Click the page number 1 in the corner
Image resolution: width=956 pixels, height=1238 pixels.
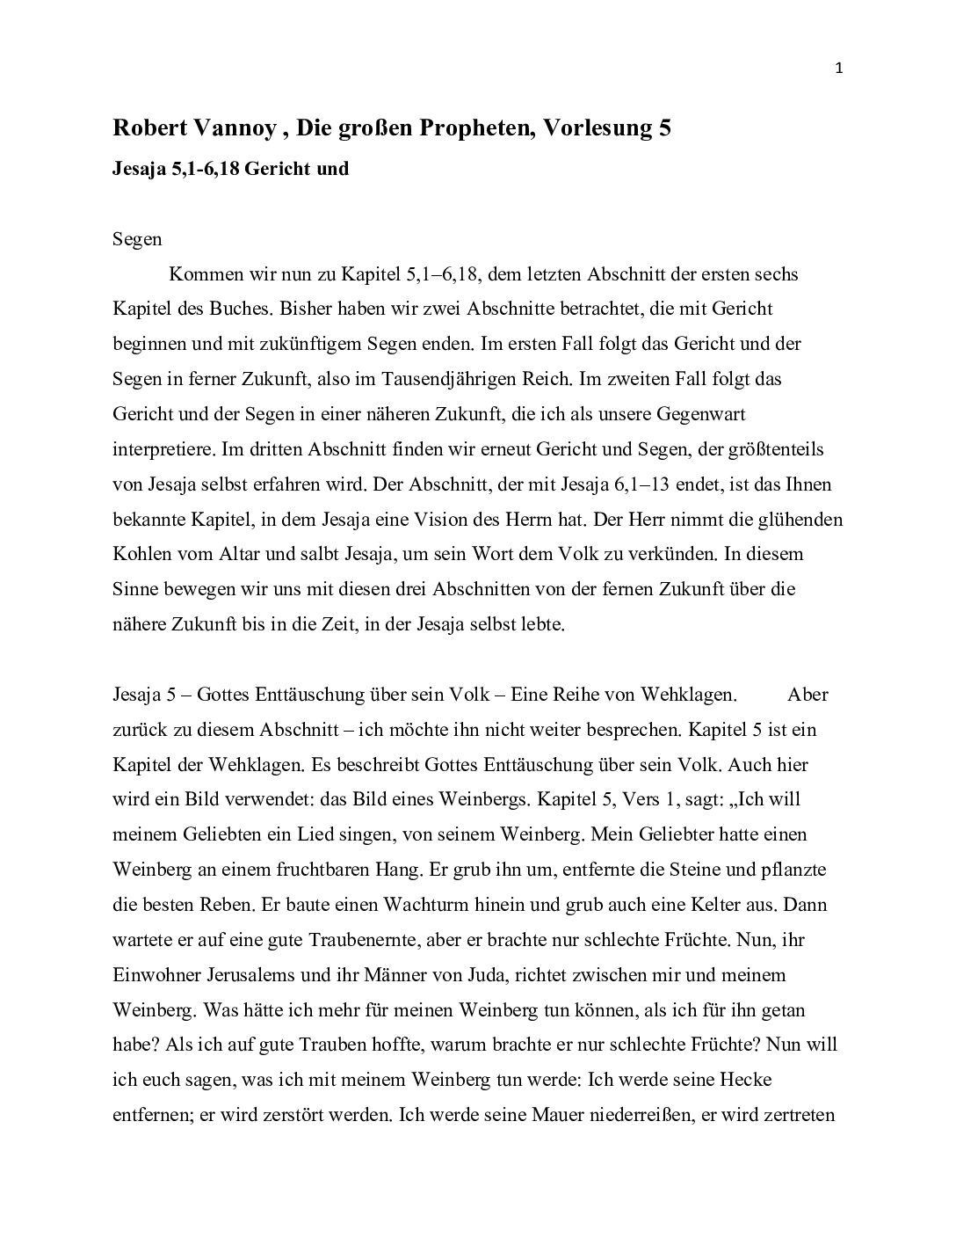tap(839, 70)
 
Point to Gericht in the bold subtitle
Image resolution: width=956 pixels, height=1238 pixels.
tap(276, 169)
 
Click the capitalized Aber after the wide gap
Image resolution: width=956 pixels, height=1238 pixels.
tap(808, 695)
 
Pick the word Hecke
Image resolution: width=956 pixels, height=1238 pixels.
tap(748, 1080)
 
